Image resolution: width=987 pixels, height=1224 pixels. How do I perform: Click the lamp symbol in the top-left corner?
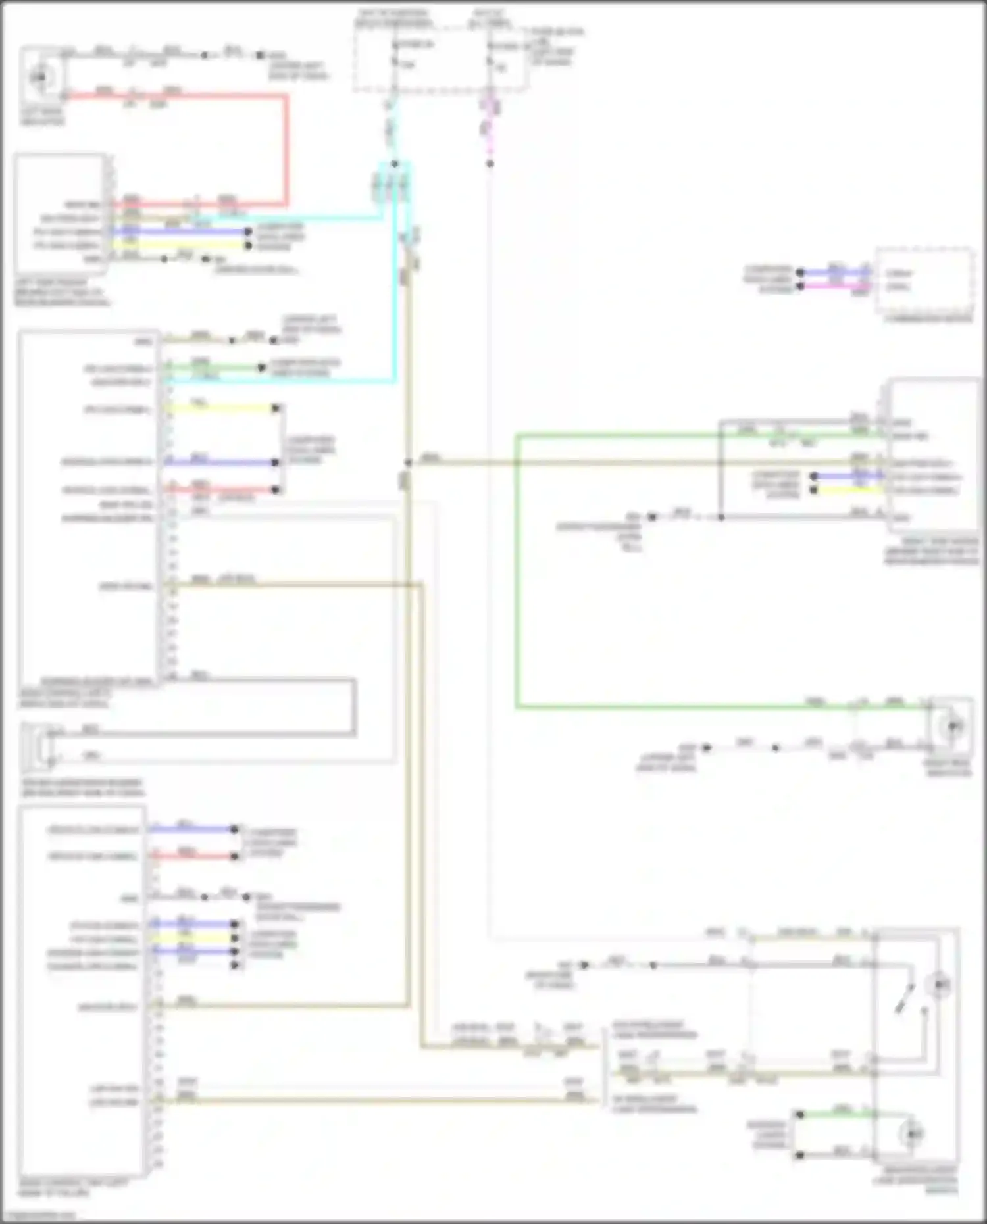point(41,78)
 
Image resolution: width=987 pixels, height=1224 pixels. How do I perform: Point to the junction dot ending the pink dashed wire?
point(490,164)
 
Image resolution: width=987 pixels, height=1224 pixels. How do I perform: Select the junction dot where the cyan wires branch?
point(395,164)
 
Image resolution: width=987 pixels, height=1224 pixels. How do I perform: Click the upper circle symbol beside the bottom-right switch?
point(938,985)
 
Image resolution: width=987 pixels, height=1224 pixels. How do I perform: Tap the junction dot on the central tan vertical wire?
point(408,462)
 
